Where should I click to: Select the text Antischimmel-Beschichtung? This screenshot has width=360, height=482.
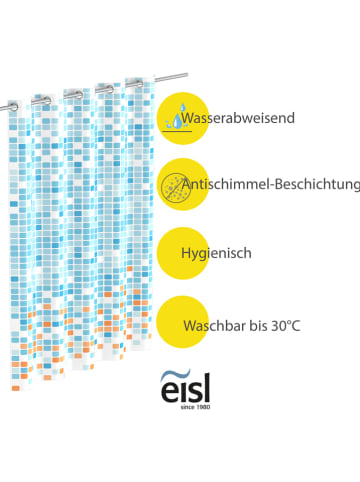point(269,184)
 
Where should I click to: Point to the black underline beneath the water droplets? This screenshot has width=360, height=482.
point(181,131)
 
